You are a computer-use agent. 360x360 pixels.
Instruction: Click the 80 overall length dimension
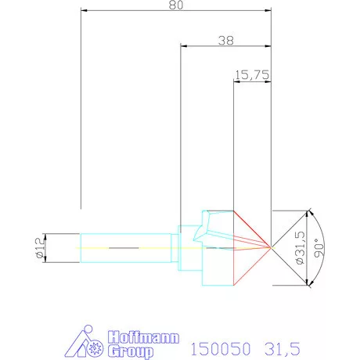coord(175,5)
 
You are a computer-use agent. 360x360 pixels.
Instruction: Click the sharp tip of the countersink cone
coord(270,247)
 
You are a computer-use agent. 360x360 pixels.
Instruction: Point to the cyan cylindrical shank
coord(125,247)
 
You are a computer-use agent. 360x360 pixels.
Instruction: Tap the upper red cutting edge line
coord(252,228)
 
